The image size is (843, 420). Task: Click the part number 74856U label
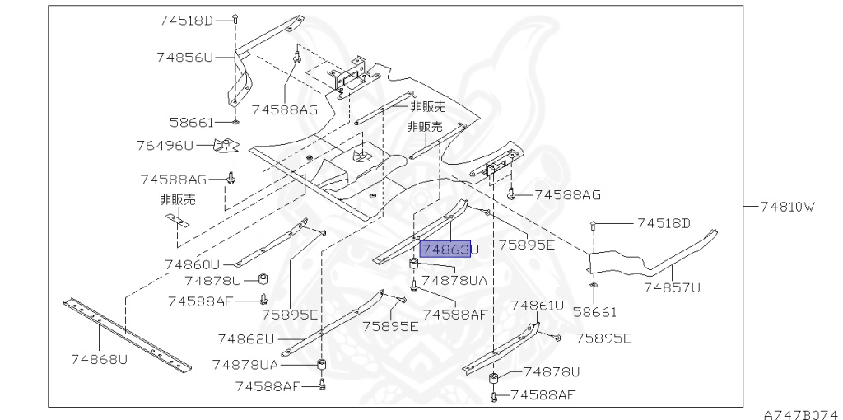point(185,57)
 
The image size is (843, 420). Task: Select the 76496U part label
point(164,145)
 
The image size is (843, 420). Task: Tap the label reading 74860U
point(193,264)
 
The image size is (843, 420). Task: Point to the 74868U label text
point(100,359)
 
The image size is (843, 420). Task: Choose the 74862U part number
point(245,339)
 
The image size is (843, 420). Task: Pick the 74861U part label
point(538,306)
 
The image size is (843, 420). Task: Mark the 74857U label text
point(673,287)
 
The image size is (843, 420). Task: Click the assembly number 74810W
point(788,207)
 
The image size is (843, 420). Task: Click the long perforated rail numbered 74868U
point(128,335)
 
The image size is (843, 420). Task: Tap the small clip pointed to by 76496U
point(226,145)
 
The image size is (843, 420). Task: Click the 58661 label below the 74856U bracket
point(192,123)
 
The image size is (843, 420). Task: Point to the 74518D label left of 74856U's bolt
point(186,21)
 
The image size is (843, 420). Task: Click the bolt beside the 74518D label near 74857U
point(592,225)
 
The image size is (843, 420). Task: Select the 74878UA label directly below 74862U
point(245,365)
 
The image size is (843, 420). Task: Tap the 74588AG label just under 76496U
point(173,179)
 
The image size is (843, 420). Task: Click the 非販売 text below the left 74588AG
point(178,200)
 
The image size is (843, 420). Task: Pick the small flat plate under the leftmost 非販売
point(178,219)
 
